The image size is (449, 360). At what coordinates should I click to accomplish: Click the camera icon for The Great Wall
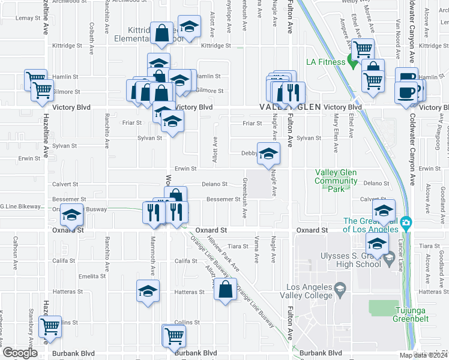406,224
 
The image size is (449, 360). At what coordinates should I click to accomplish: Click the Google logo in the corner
20,353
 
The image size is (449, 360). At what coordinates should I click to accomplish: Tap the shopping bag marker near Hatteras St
225,289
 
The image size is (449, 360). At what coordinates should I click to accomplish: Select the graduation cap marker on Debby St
268,154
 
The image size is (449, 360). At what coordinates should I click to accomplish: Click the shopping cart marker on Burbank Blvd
174,336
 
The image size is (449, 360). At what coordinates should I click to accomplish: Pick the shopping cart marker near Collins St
50,327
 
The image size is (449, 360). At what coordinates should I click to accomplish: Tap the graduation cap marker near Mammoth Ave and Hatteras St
148,292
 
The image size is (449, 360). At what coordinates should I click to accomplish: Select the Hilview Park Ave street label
223,252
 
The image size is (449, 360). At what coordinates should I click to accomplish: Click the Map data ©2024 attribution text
423,355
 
